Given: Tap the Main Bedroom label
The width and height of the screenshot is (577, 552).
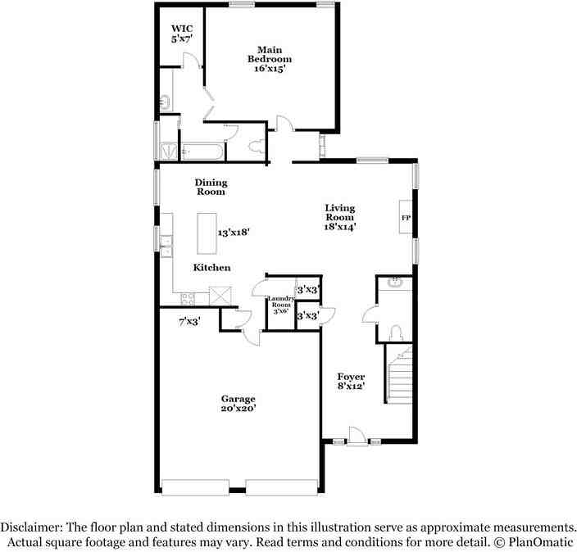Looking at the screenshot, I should [270, 59].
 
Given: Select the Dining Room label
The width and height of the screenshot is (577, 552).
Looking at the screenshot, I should [211, 187].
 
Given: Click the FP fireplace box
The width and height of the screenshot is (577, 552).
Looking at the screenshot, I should [405, 218].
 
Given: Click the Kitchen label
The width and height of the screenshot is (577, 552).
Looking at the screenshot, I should [211, 268].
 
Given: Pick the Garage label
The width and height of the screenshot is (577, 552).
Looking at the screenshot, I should [238, 404].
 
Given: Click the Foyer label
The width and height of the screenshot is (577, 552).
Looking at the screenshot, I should [351, 381].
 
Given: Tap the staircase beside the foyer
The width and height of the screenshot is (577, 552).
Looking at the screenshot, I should [398, 377].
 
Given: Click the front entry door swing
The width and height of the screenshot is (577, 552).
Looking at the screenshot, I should [357, 434].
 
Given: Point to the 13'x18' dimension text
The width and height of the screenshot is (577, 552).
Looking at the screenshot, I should [234, 233].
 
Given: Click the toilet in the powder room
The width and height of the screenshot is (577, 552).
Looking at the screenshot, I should [397, 331].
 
